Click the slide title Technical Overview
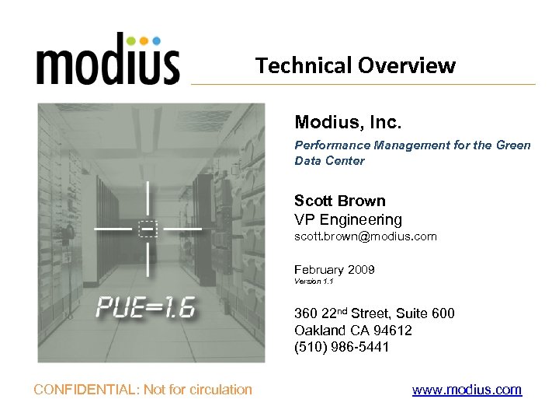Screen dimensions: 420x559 point(356,65)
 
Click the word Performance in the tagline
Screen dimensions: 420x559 point(332,145)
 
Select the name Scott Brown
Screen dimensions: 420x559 point(339,201)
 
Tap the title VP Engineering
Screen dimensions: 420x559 point(348,219)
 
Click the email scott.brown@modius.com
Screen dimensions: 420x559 point(365,236)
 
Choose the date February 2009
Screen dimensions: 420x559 point(334,270)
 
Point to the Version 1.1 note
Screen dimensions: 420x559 point(314,281)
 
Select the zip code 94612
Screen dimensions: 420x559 point(391,330)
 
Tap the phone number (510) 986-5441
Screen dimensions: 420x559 point(342,347)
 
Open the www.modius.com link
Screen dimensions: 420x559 point(467,390)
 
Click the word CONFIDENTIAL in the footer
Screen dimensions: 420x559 point(85,390)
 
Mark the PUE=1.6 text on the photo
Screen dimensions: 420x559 point(145,308)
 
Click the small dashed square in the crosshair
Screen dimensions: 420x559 point(148,229)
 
